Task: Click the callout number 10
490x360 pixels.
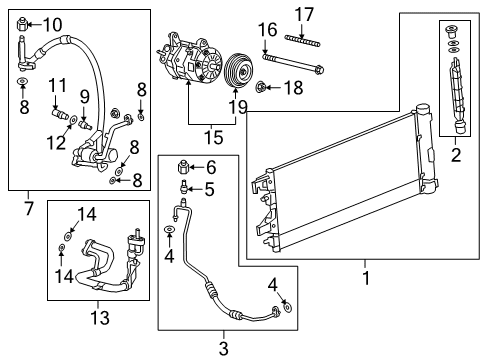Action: [51, 24]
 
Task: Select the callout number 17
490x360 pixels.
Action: [304, 15]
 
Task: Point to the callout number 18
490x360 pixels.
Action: [292, 88]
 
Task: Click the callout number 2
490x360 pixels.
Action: [455, 155]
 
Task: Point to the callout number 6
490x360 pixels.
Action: [210, 167]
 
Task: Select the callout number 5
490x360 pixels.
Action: [210, 187]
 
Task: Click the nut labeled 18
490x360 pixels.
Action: [261, 88]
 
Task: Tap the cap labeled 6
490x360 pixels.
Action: [184, 167]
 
